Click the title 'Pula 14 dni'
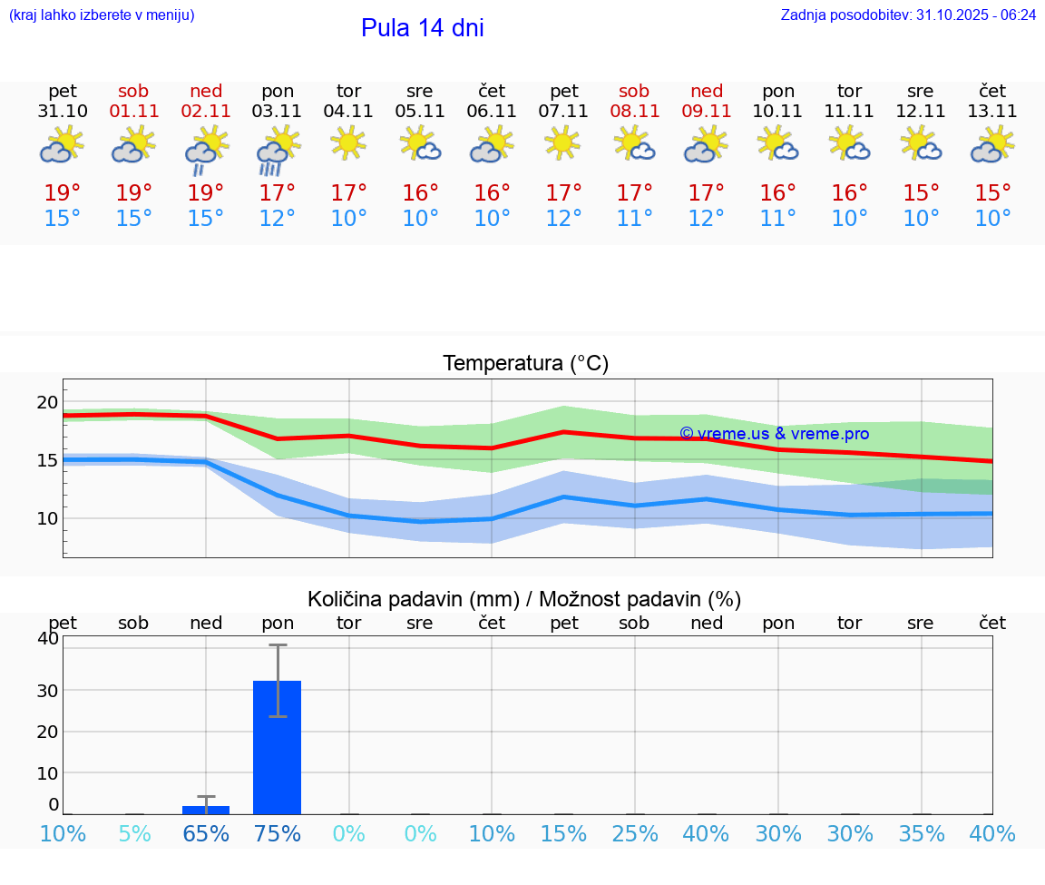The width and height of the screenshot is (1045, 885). (x=422, y=28)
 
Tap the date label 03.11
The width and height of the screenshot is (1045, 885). (x=278, y=112)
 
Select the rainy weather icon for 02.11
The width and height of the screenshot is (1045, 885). (x=206, y=149)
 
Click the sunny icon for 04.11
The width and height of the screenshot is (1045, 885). (x=348, y=143)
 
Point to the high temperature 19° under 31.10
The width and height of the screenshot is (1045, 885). (x=63, y=193)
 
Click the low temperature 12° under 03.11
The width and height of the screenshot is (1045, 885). (x=278, y=219)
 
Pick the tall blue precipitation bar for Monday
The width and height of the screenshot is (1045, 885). (x=278, y=747)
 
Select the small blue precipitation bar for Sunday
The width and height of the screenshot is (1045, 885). (x=206, y=810)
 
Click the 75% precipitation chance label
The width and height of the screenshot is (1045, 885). (x=278, y=834)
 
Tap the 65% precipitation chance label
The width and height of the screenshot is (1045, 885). (x=206, y=834)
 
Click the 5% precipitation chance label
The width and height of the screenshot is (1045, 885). (x=134, y=834)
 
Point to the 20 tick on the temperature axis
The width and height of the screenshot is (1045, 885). (x=47, y=403)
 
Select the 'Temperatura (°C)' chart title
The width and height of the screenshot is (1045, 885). (x=525, y=364)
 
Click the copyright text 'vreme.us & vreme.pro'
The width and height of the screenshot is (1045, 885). (x=774, y=434)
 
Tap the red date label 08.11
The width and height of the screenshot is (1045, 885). (x=634, y=112)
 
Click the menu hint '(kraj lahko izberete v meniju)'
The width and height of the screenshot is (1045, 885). (x=102, y=15)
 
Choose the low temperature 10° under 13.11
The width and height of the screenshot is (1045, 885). (x=992, y=219)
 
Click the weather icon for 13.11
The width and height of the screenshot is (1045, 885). (x=992, y=145)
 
